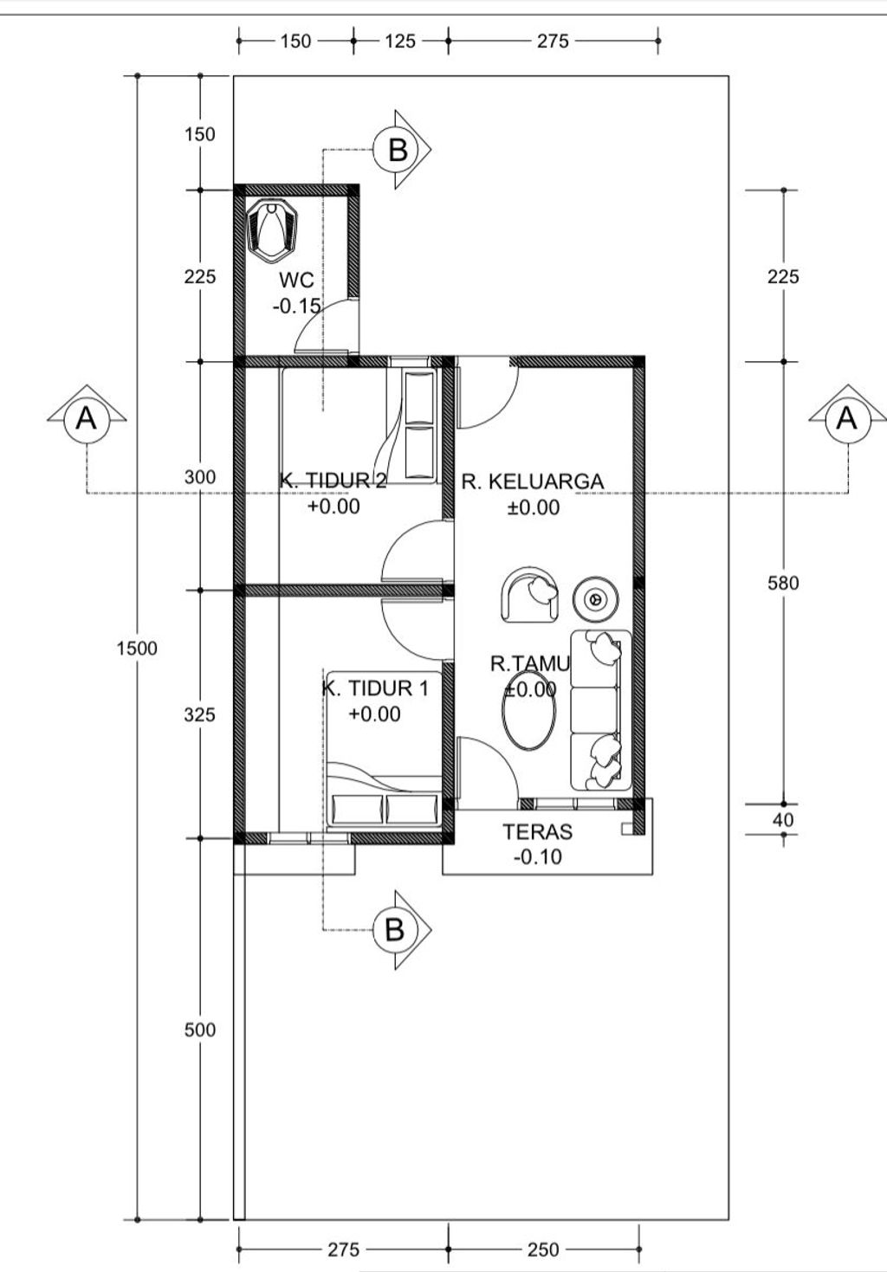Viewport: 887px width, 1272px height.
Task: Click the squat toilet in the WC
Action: coord(272,230)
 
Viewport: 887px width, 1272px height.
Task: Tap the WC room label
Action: coord(296,280)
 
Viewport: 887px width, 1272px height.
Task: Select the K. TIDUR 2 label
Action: coord(333,481)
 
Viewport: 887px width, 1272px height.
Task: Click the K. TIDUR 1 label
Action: coord(375,688)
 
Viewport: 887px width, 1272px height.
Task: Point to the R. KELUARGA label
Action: coord(533,481)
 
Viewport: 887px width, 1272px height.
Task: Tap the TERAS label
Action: coord(538,832)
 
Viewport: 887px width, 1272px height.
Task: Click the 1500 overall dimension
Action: coord(137,648)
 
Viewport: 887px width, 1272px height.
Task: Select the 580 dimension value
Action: coord(783,583)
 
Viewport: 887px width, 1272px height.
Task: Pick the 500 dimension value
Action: coord(200,1030)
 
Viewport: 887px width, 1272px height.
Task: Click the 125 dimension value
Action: coord(400,41)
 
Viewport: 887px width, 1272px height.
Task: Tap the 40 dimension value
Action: coord(783,820)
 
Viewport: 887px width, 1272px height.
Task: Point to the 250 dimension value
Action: coord(543,1249)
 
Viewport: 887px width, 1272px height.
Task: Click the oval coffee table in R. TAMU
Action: coord(529,710)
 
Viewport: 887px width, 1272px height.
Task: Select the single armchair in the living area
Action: coord(529,594)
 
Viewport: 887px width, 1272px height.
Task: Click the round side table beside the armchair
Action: coord(595,598)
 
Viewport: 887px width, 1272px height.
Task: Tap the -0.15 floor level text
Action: coord(296,307)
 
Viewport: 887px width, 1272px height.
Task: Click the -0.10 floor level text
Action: coord(538,857)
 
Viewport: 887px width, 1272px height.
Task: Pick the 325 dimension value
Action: coord(200,714)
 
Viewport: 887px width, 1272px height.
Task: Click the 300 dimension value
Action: coord(200,477)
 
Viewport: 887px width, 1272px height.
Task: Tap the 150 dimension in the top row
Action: coord(295,41)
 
